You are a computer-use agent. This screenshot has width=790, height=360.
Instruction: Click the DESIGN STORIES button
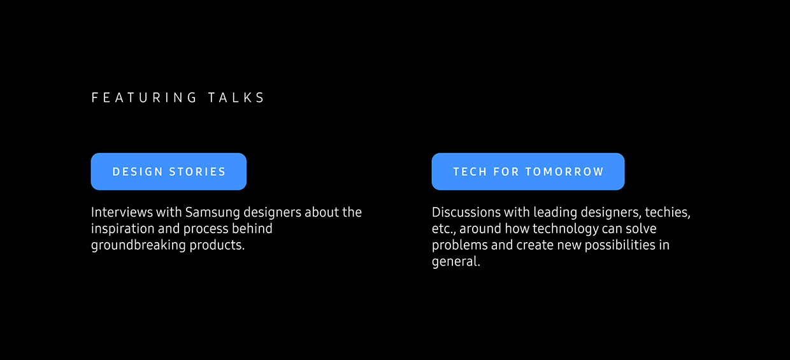coord(169,171)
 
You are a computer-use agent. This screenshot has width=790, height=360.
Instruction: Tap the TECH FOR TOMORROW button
coord(528,171)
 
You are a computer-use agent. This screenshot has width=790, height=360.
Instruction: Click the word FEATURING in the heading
coord(145,97)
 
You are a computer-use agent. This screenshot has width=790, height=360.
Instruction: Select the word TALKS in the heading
coord(236,97)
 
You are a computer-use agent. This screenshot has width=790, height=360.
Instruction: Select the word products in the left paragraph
coord(217,245)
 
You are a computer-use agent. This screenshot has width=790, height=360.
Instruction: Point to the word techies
coord(667,212)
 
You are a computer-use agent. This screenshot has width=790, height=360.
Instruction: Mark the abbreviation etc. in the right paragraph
coord(443,229)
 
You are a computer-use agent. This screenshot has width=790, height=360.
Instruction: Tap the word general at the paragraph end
coord(455,262)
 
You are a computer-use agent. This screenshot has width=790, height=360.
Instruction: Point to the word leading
coord(556,212)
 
